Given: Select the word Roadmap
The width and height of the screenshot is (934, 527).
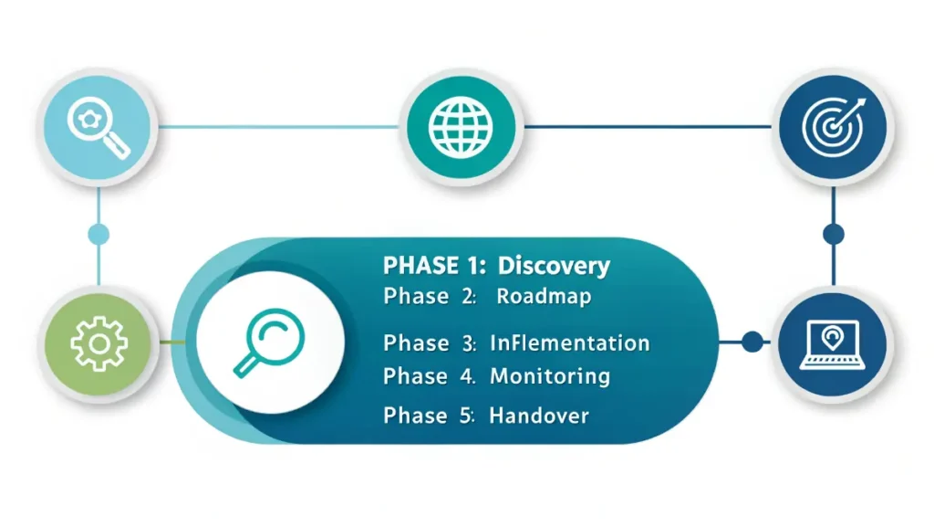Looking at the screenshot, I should click(544, 297).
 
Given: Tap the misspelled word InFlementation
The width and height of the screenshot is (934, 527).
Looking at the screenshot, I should click(569, 343).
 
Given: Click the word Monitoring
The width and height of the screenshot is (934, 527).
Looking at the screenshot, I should click(550, 375).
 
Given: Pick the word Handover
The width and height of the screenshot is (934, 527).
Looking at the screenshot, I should click(539, 416).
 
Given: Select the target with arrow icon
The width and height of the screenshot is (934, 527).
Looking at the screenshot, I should click(833, 127).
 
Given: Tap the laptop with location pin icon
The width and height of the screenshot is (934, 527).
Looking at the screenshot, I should click(833, 343).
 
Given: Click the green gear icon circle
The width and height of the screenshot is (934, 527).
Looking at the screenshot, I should click(99, 343).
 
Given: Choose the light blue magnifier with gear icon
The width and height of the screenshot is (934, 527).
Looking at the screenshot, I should click(99, 127).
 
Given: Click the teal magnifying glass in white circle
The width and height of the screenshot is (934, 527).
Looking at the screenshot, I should click(270, 343).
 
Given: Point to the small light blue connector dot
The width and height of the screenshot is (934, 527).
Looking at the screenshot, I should click(99, 234).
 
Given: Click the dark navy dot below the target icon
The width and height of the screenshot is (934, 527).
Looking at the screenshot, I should click(833, 234).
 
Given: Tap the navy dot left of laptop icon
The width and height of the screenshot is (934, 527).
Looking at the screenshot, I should click(752, 343).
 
